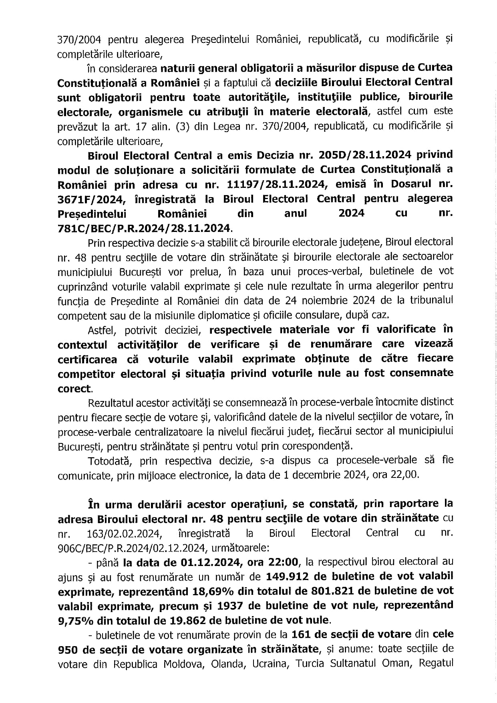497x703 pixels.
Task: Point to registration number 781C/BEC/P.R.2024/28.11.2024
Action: (x=144, y=228)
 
